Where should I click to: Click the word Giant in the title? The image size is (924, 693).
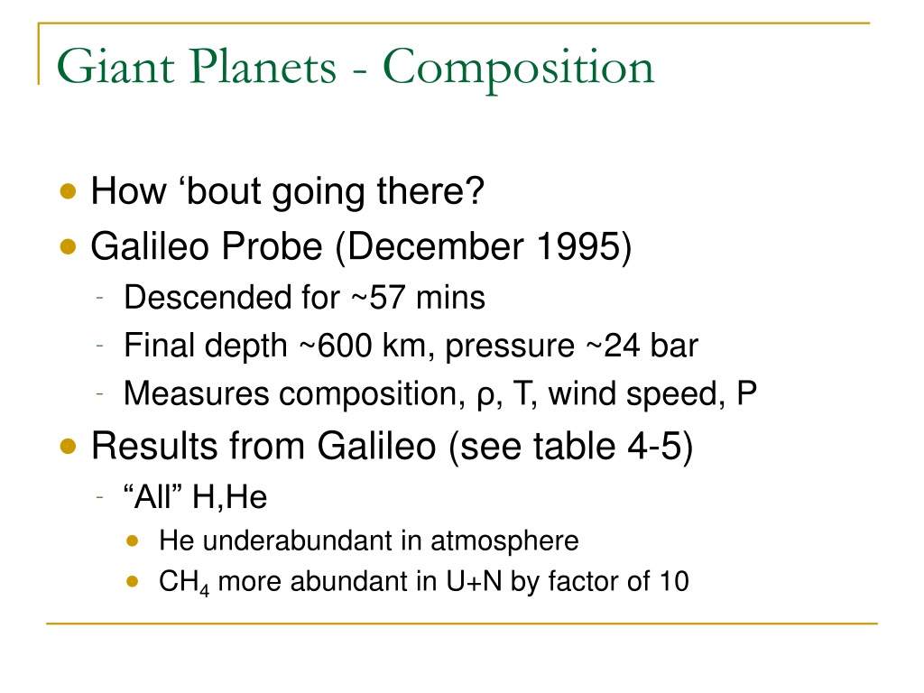click(x=115, y=66)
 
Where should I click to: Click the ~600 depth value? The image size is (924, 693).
click(x=336, y=346)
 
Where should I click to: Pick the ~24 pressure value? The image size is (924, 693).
click(x=612, y=346)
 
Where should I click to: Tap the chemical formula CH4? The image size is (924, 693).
click(x=184, y=582)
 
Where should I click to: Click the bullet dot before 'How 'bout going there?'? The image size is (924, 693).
click(x=69, y=191)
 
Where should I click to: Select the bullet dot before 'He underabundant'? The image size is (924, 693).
click(x=133, y=541)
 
